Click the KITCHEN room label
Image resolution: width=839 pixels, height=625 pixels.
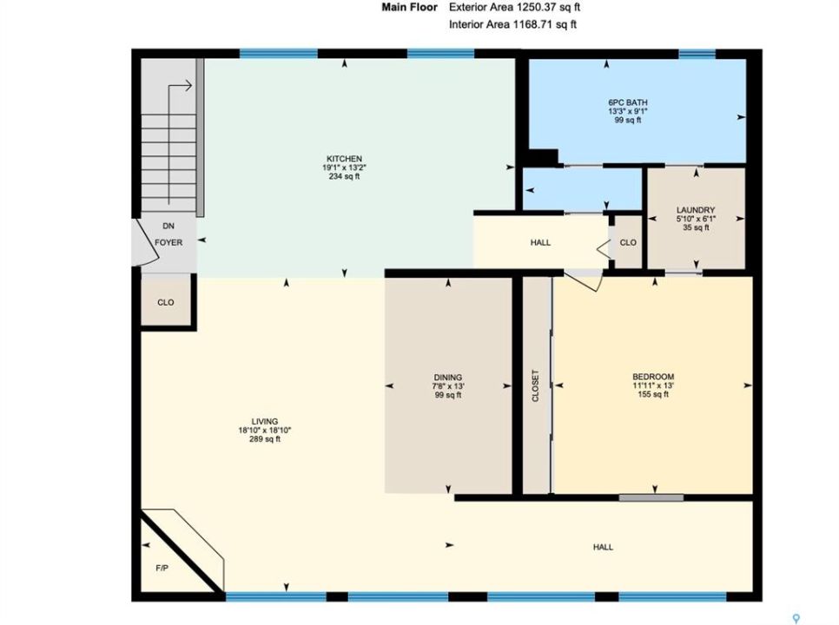click(345, 159)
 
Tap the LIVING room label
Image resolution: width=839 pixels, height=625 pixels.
click(265, 421)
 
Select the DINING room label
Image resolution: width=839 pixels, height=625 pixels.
click(448, 378)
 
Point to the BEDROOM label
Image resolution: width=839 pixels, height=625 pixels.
click(653, 377)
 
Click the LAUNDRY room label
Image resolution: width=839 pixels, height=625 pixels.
click(696, 210)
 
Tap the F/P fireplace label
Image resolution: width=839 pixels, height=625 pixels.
click(162, 569)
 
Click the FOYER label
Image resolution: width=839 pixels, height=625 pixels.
click(168, 242)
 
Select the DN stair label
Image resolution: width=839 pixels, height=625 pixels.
click(168, 227)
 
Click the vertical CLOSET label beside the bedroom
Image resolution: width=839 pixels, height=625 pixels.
click(536, 386)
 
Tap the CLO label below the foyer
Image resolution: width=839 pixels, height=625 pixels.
click(166, 302)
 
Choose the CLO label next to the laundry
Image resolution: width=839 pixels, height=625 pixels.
click(628, 242)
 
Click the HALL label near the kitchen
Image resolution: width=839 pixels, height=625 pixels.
click(540, 242)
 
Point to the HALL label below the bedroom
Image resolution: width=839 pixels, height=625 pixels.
click(603, 547)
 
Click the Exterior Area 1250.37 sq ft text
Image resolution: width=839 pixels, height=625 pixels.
click(515, 7)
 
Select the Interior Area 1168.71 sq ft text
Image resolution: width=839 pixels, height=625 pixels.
click(512, 24)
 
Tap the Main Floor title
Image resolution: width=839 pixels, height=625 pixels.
click(409, 7)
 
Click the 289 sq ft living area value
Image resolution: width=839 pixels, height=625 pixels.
click(265, 439)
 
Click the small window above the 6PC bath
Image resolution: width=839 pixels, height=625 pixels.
click(697, 54)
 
